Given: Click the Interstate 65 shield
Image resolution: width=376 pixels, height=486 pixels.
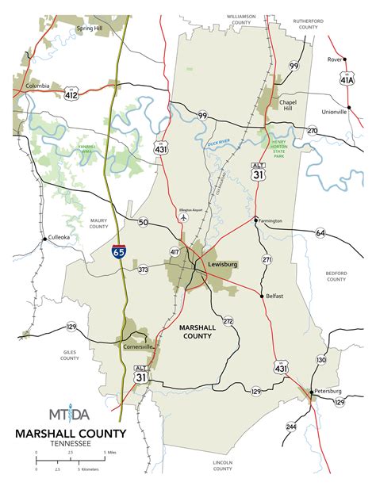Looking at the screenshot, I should pyautogui.click(x=118, y=252).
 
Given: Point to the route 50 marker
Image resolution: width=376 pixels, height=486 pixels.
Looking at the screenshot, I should pyautogui.click(x=142, y=223).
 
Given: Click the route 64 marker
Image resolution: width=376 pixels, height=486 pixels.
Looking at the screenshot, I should pyautogui.click(x=320, y=233).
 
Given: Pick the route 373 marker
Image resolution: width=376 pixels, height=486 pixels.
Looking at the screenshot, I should pyautogui.click(x=143, y=270).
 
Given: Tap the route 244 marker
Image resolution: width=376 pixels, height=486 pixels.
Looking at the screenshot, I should pyautogui.click(x=291, y=427).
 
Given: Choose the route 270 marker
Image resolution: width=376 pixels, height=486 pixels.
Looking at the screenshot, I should pyautogui.click(x=312, y=130).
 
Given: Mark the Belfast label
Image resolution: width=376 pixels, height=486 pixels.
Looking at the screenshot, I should pyautogui.click(x=274, y=295).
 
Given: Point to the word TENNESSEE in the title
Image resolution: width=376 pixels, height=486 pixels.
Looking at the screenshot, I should pyautogui.click(x=69, y=444).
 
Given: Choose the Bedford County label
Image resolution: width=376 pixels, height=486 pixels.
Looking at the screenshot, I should pyautogui.click(x=336, y=276).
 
